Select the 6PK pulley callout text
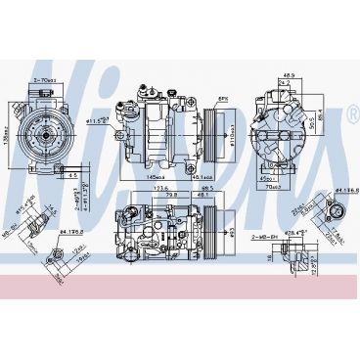(222, 98)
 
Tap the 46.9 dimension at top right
(289, 73)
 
